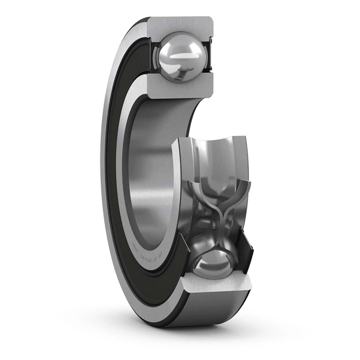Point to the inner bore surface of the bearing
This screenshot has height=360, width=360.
(x=153, y=180)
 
